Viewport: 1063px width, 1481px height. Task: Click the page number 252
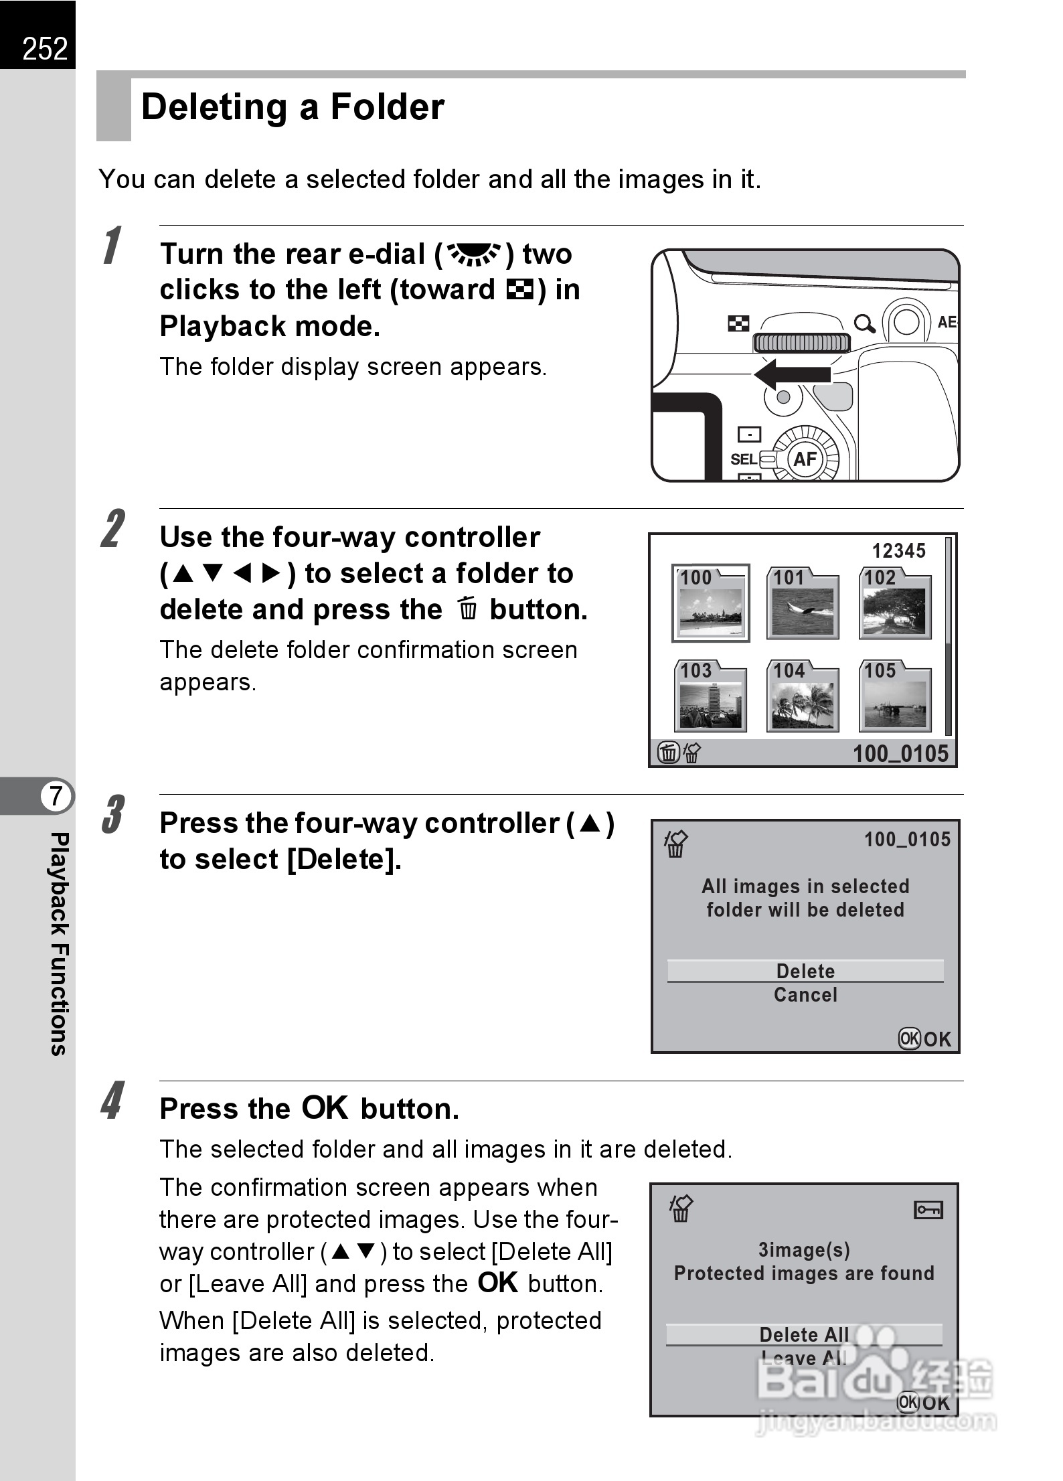44,48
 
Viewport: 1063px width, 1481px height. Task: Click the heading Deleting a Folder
293,107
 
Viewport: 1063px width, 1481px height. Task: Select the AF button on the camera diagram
805,459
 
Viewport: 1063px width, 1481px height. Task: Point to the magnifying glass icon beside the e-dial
864,325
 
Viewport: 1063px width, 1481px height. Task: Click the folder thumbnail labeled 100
710,603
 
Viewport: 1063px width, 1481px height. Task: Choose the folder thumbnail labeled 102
895,603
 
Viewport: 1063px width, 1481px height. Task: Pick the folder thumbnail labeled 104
803,696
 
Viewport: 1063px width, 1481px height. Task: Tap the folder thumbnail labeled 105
895,696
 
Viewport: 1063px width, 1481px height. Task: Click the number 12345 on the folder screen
898,551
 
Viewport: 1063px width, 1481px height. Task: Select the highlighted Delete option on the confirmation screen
805,971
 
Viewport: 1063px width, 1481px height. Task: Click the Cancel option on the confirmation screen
805,995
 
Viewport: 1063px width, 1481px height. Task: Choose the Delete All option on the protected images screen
804,1334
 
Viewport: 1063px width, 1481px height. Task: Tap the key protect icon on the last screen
928,1210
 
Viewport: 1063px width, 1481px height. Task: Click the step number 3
112,815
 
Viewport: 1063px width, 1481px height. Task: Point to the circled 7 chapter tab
56,796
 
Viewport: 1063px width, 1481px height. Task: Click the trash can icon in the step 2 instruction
468,610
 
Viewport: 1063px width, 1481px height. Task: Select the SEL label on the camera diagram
743,459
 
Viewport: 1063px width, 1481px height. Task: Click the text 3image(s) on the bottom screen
804,1249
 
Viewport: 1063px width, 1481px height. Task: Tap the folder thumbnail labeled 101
803,603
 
